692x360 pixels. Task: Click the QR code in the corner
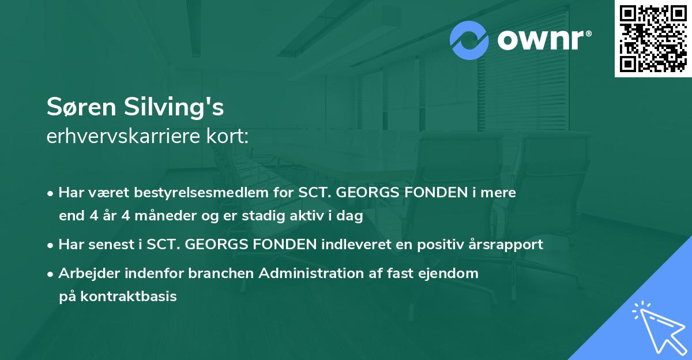pos(653,38)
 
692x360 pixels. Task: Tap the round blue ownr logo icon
pos(469,40)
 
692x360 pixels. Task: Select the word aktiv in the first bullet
pos(321,216)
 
